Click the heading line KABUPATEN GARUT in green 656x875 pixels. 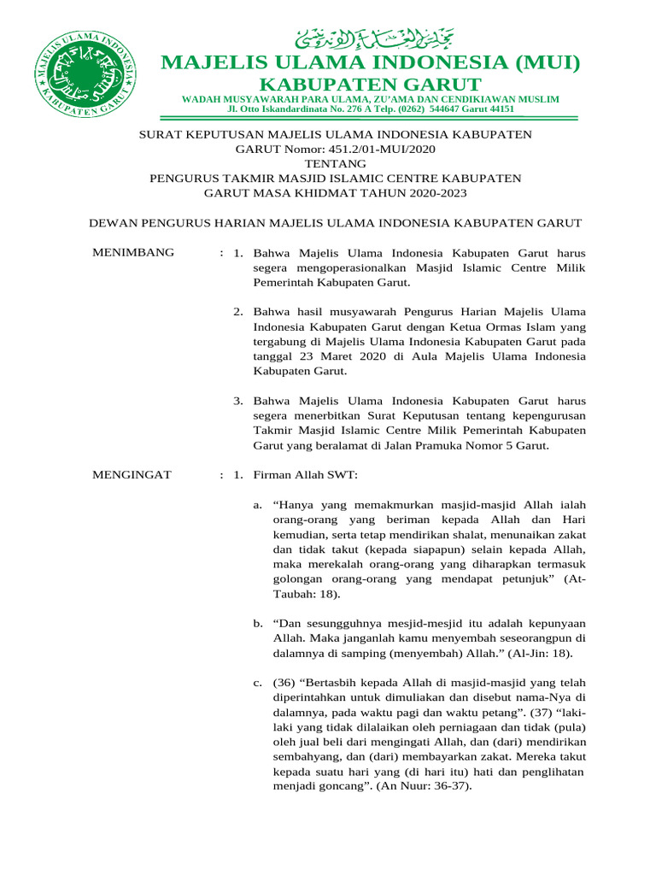(x=370, y=84)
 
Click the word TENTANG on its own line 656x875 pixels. (x=336, y=163)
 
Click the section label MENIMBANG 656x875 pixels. (x=132, y=252)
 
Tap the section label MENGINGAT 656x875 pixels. (x=132, y=474)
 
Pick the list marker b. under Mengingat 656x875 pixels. (x=258, y=624)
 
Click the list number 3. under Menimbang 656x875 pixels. (x=238, y=401)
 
